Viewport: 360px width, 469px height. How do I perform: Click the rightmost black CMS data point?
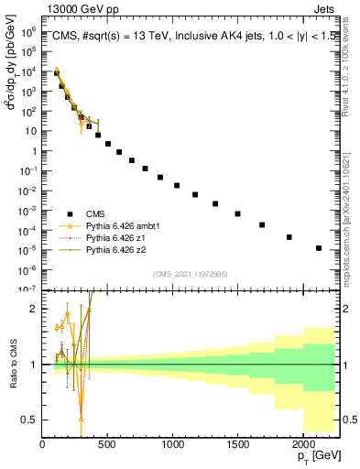pyautogui.click(x=319, y=247)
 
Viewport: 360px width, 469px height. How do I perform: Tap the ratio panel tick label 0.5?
pyautogui.click(x=30, y=420)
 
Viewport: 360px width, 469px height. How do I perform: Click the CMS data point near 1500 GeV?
pyautogui.click(x=237, y=213)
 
